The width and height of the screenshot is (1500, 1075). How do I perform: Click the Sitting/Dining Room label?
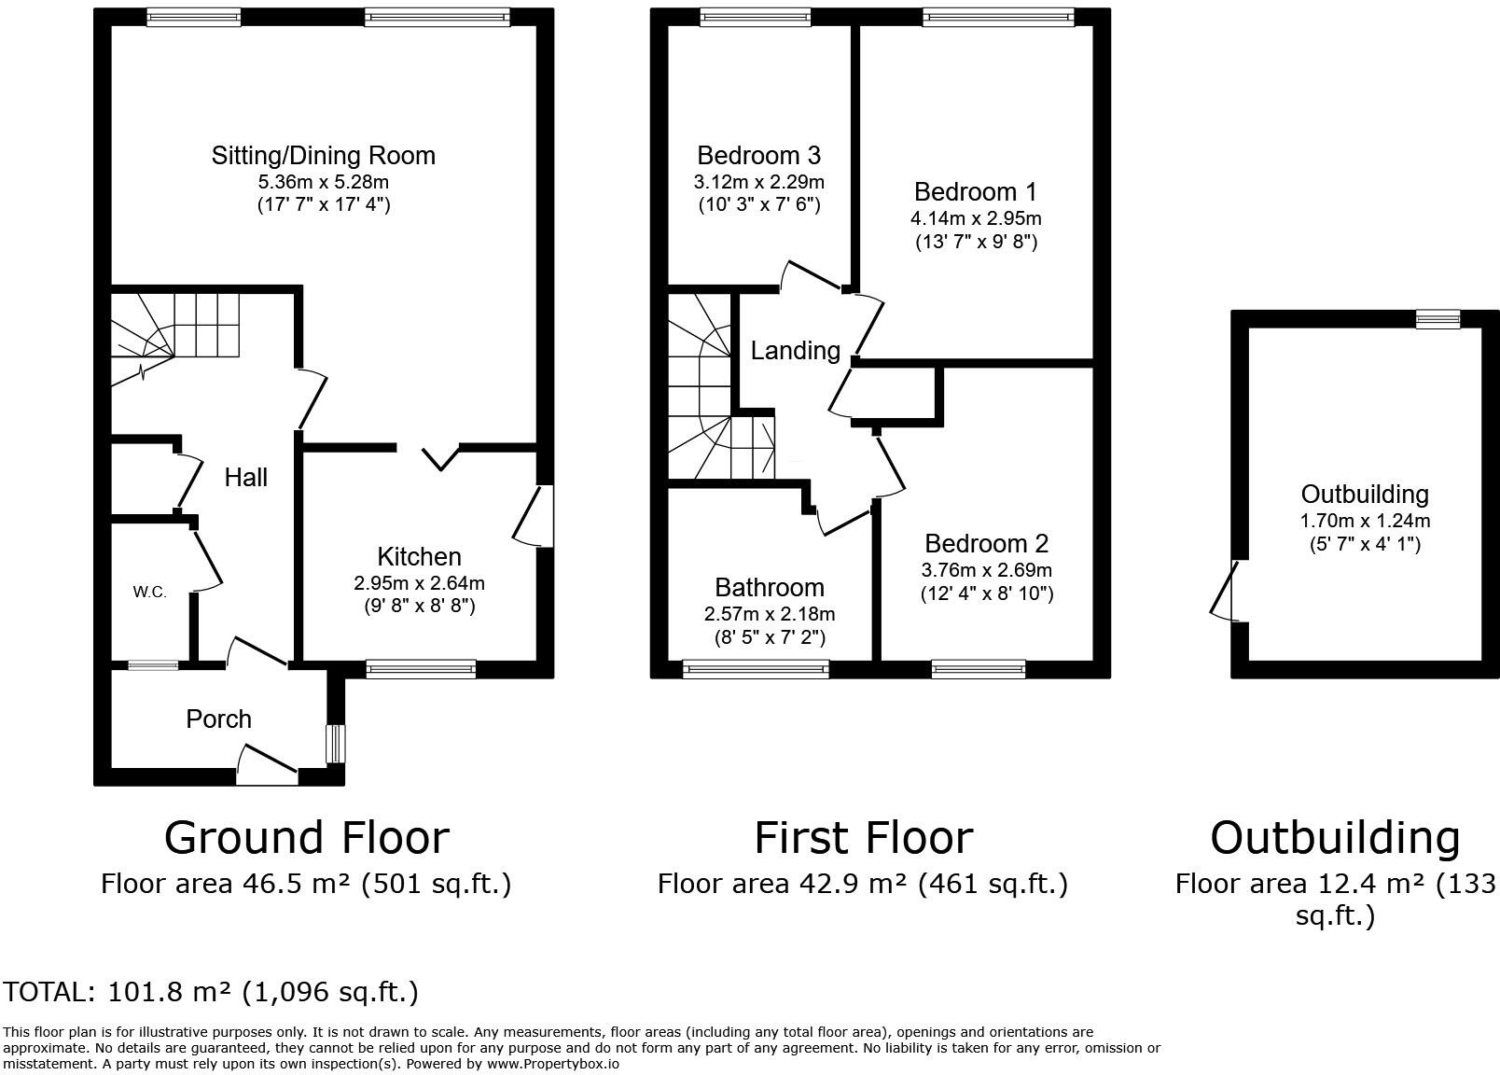tap(324, 156)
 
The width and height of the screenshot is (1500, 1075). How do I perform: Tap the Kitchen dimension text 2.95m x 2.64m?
tap(419, 583)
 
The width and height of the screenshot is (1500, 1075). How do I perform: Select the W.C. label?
tap(149, 592)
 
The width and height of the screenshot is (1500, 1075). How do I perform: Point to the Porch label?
tap(219, 719)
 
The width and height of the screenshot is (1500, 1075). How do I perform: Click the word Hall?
tap(245, 478)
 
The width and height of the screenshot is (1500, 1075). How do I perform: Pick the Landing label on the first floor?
tap(796, 351)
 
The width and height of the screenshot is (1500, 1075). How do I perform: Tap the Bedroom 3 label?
tap(758, 156)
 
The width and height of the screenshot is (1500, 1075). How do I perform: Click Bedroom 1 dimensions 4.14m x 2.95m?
tap(976, 218)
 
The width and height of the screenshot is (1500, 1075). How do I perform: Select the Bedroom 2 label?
tap(986, 543)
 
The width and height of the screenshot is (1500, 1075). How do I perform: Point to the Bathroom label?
tap(770, 587)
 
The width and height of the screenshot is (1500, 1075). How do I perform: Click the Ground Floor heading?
tap(307, 838)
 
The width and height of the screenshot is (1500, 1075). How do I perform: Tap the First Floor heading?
tap(864, 838)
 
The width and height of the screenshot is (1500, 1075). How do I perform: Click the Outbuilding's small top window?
tap(1438, 319)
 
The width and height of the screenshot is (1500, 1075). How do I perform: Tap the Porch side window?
tap(336, 744)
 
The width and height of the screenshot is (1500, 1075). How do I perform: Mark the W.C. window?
tap(153, 665)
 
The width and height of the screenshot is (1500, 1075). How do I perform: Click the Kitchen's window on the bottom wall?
tap(421, 668)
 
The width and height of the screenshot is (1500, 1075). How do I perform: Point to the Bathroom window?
tap(756, 668)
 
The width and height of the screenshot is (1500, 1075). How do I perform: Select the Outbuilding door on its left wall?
tap(1226, 590)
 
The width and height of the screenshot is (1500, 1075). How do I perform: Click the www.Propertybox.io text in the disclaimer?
tap(553, 1064)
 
